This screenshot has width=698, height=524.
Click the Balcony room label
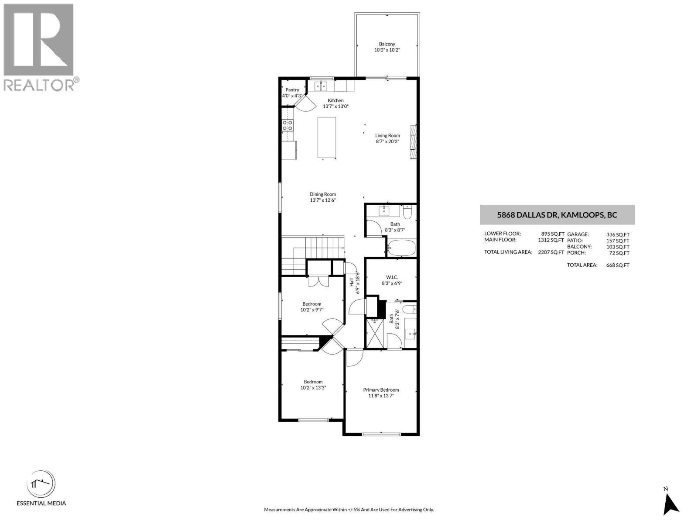coord(387,44)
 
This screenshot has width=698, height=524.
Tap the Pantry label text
coord(292,90)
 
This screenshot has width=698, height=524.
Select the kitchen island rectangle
coord(327,137)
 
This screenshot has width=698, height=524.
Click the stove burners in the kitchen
coord(287,126)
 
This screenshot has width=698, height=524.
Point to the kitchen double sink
coord(321,86)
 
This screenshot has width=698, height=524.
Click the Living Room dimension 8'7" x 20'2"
coord(387,141)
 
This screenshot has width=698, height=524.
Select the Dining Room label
coord(323,194)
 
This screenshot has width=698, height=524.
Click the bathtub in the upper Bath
coord(401,248)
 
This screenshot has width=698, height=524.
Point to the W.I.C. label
coord(391,277)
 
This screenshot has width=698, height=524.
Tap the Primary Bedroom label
coord(381,390)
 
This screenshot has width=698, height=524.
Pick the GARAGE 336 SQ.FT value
coord(618,234)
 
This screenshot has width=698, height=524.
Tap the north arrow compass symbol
coord(670,505)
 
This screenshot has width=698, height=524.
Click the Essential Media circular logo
coord(41,484)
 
